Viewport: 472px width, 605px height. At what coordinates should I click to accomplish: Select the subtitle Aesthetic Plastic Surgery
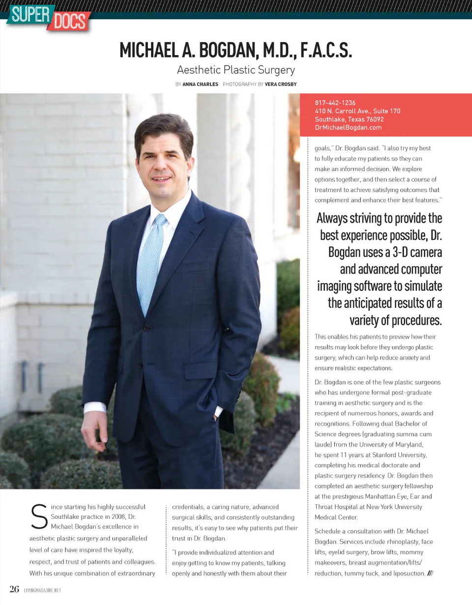236,70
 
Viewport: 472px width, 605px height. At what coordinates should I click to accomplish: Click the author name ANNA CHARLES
200,85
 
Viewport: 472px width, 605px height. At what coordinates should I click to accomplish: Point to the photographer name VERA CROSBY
281,85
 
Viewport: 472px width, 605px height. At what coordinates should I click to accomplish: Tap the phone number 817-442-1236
335,103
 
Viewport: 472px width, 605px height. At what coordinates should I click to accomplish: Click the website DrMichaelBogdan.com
348,127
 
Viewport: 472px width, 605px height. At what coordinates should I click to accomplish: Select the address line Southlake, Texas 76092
349,119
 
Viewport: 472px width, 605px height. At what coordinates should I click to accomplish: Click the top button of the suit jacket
146,328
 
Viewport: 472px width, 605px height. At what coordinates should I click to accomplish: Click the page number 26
14,589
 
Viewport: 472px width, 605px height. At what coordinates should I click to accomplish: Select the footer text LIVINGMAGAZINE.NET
42,590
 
